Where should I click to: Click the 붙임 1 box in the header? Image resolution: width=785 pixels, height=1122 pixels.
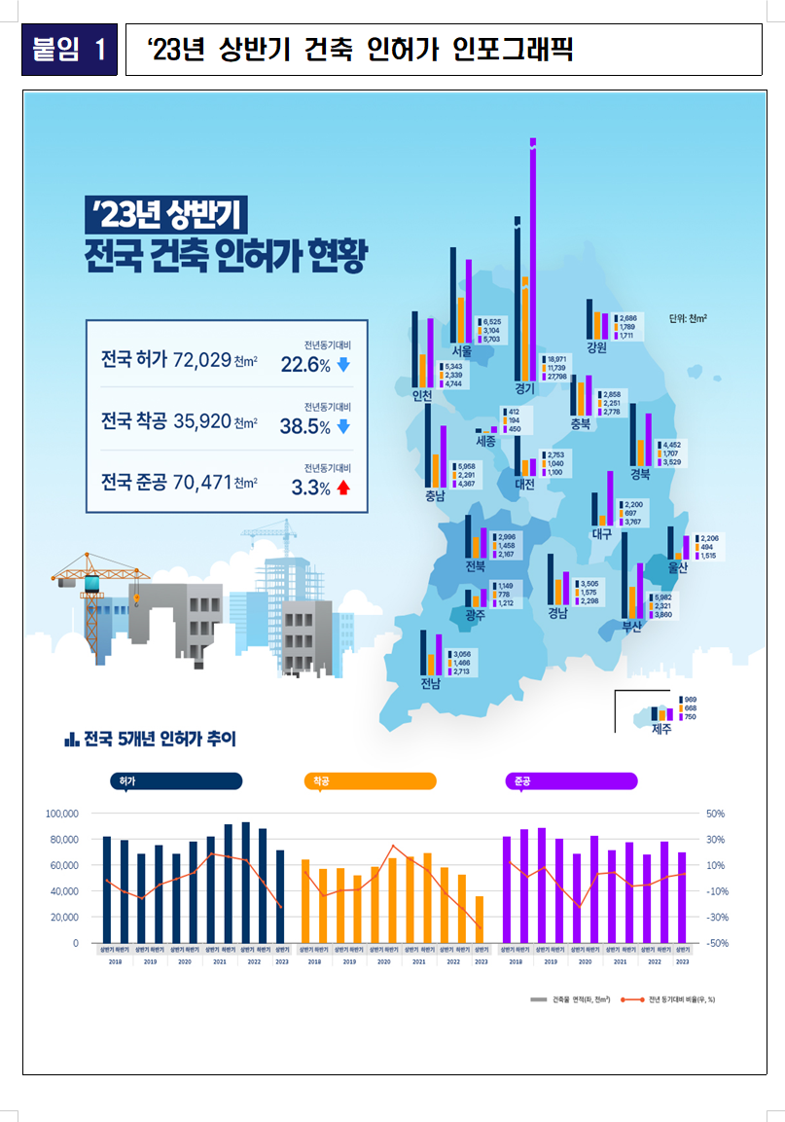[69, 50]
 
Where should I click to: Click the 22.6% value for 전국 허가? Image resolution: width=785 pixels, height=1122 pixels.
[305, 366]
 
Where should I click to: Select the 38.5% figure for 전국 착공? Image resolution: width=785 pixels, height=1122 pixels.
[305, 426]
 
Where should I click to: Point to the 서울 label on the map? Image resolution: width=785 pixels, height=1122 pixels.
[462, 350]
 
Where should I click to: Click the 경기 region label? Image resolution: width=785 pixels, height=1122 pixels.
[525, 388]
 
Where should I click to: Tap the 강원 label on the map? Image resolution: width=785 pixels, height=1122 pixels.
[596, 347]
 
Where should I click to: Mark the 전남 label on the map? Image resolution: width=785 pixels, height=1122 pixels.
[430, 682]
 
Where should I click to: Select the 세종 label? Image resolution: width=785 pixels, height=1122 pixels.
[485, 441]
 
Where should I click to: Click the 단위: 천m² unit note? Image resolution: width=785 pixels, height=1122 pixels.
[688, 318]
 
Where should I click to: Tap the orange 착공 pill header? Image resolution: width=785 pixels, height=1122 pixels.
[370, 780]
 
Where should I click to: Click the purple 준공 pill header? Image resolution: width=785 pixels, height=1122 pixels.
[571, 780]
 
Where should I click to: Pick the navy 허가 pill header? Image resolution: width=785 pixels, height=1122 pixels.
[175, 780]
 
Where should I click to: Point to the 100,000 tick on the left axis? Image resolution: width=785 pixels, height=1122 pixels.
[62, 814]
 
